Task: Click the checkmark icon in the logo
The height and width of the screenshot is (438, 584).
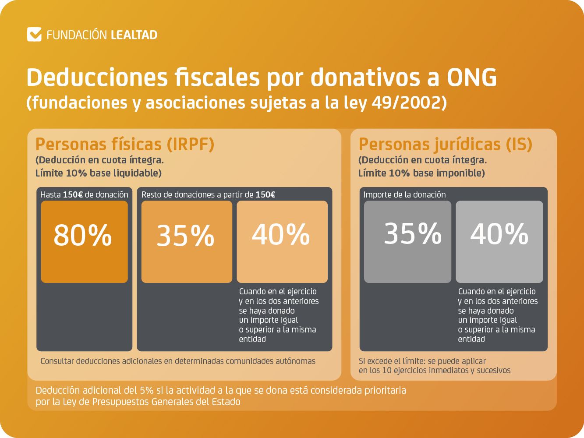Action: coord(34,35)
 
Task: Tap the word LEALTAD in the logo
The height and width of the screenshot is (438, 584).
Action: coord(134,35)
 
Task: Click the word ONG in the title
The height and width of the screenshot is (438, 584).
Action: coord(471,78)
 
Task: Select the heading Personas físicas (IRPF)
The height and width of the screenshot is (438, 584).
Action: coord(125,144)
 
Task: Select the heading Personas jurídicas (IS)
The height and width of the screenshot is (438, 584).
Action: coord(445,144)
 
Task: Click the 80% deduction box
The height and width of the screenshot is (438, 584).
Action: coord(84,241)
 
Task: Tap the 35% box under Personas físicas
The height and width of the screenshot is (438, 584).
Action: coord(187,241)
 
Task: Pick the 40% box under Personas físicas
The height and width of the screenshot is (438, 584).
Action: coord(282,241)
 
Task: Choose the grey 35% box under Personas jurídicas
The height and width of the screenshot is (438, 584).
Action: coord(407,241)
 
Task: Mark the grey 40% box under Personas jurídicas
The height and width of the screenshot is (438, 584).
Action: coord(499,241)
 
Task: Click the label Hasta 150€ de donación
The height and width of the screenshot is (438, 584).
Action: coord(84,194)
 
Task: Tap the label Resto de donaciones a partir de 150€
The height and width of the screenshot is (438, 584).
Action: coord(208,194)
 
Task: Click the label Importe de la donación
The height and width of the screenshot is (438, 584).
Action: coord(404,194)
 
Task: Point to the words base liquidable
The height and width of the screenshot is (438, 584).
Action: coord(125,173)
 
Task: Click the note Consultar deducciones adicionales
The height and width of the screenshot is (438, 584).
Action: coord(177,361)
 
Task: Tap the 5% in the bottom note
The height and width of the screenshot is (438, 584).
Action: coord(147,390)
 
